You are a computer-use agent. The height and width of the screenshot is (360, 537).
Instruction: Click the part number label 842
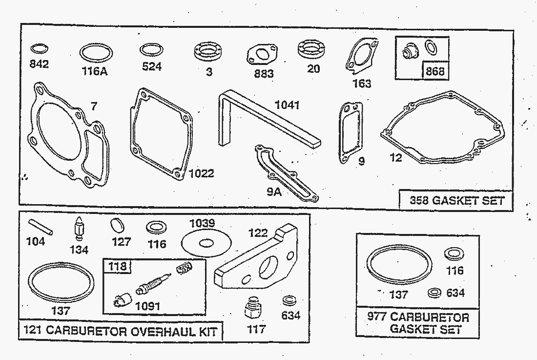(39, 64)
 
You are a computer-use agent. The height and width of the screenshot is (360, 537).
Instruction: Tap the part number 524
(151, 66)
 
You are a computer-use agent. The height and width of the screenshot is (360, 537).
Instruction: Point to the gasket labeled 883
(260, 54)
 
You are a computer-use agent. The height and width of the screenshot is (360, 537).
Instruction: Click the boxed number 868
(435, 71)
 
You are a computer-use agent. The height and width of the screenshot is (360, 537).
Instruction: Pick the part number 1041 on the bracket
(287, 105)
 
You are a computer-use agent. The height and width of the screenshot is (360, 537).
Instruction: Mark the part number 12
(396, 158)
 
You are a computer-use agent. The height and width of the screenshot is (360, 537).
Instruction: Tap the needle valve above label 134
(79, 229)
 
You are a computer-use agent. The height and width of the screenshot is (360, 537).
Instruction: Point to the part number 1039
(202, 223)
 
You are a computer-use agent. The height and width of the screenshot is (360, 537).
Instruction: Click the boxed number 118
(118, 266)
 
